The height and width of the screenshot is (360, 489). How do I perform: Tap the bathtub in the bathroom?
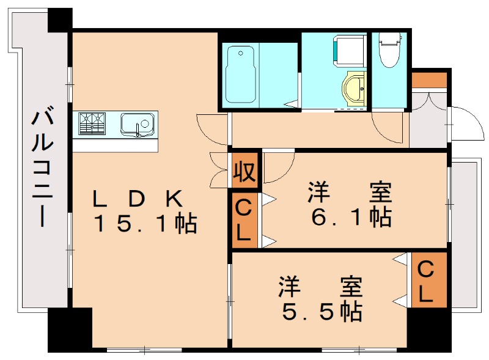239,75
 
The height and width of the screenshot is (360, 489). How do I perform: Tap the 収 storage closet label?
244,172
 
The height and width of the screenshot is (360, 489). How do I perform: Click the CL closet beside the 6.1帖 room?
244,220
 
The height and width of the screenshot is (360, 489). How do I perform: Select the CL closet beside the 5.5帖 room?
426,282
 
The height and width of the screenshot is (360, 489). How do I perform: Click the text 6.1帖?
350,217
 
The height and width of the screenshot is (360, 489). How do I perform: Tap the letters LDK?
138,198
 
